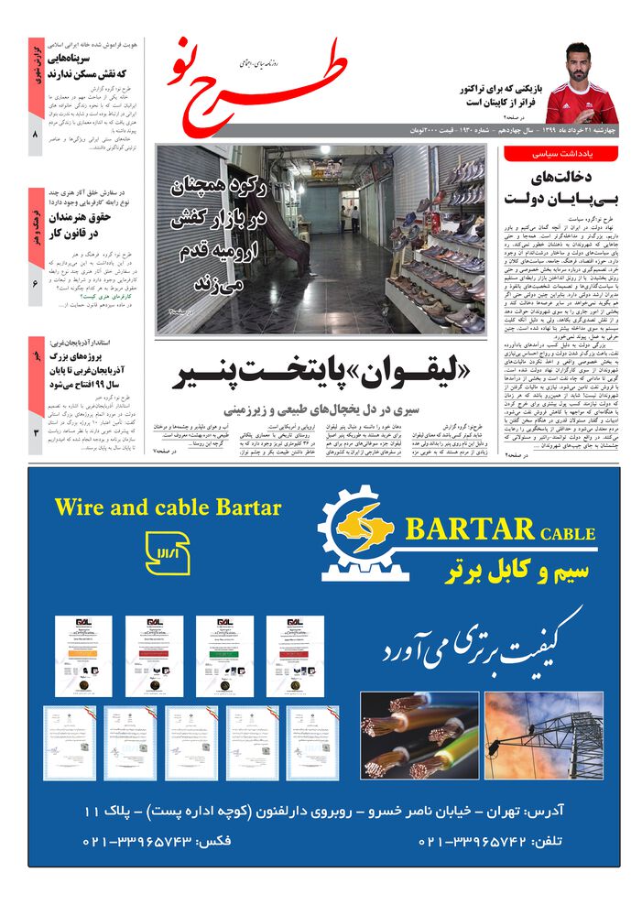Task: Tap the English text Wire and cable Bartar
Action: [x=168, y=507]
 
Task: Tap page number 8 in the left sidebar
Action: [x=35, y=136]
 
